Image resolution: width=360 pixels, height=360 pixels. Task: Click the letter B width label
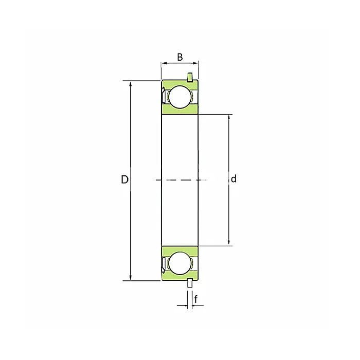point(180,57)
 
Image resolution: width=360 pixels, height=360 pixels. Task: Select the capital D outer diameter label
point(124,179)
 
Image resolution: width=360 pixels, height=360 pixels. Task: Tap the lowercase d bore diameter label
point(233,179)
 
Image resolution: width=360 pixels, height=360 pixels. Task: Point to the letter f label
point(196,298)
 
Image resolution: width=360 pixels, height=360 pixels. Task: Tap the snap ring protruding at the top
point(190,78)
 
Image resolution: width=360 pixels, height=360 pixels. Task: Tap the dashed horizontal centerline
point(180,180)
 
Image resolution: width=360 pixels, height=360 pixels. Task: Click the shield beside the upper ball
point(164,97)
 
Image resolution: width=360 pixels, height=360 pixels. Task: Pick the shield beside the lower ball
point(164,263)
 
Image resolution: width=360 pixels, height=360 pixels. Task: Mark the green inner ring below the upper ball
point(180,111)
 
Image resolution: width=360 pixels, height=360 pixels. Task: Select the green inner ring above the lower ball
point(180,249)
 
